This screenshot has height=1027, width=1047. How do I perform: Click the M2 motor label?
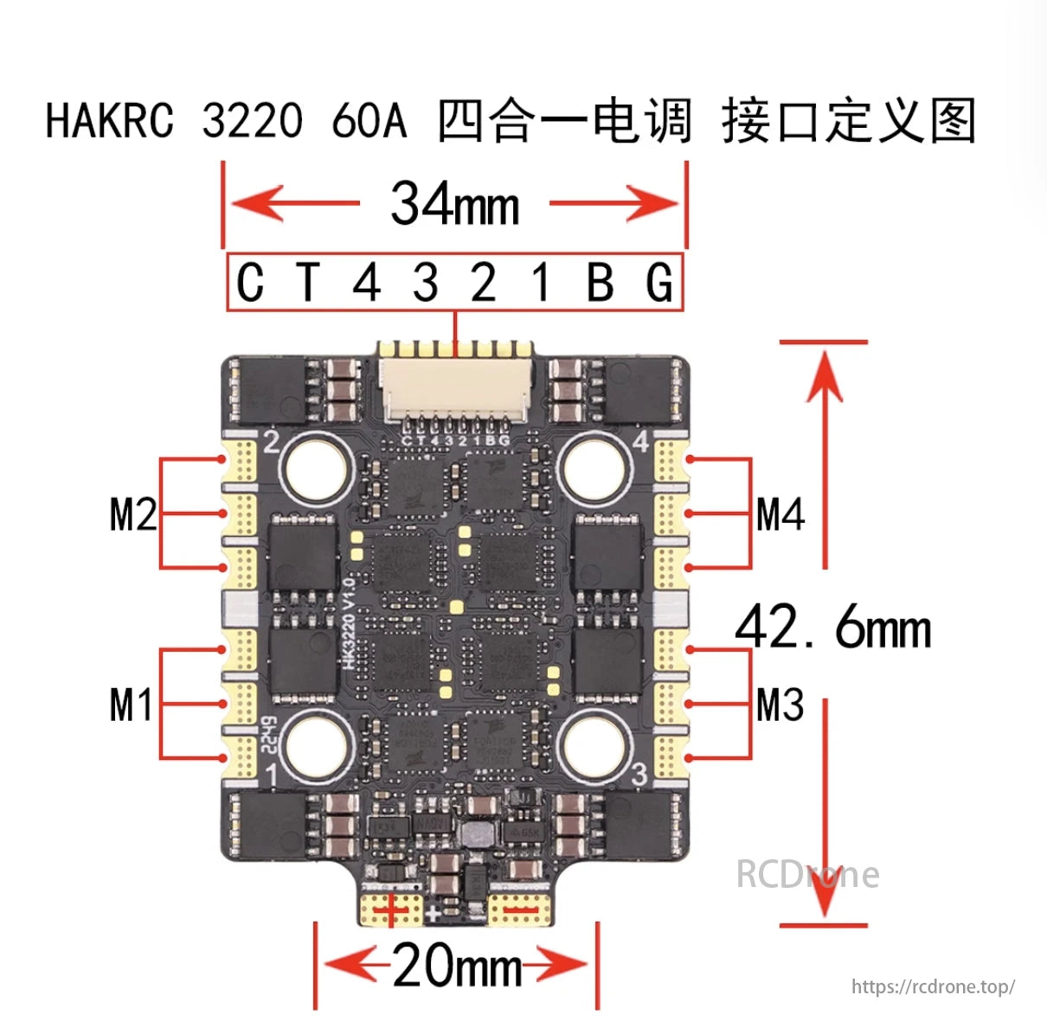[x=133, y=514]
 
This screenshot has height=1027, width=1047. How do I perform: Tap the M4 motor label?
[x=780, y=514]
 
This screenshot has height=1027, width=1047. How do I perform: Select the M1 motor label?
[x=132, y=705]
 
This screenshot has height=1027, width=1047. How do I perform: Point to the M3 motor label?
[x=780, y=705]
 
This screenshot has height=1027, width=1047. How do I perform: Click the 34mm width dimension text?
[x=455, y=204]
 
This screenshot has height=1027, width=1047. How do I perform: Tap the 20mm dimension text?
[x=457, y=966]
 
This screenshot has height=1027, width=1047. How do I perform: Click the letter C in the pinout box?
[x=250, y=283]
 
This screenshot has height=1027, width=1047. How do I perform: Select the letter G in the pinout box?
[x=659, y=283]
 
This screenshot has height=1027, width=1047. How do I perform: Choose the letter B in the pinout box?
[x=600, y=283]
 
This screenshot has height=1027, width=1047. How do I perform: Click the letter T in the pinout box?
[x=308, y=283]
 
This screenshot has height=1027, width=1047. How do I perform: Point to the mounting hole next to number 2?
[x=315, y=471]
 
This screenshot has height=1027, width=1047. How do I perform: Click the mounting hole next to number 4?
[x=594, y=471]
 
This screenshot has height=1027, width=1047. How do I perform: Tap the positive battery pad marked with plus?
[x=392, y=909]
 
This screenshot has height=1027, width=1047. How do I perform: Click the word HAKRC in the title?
[x=110, y=120]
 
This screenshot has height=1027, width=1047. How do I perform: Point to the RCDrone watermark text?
[x=807, y=874]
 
